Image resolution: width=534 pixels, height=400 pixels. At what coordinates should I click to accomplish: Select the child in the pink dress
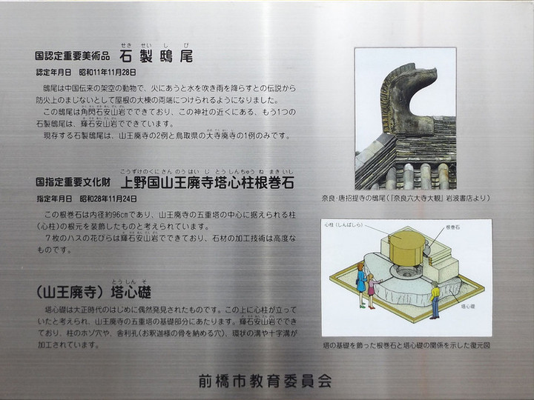pos(371,291)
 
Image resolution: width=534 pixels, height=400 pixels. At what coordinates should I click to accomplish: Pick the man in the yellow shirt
pos(434,300)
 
